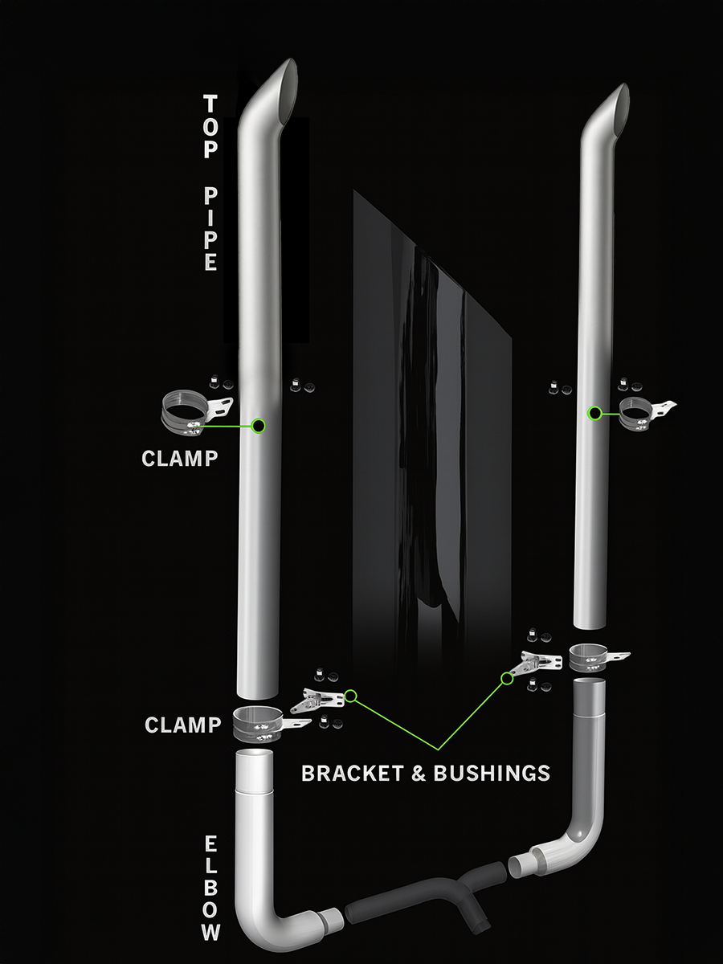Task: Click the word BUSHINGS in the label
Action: (x=492, y=773)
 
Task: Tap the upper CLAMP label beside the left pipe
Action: (x=179, y=458)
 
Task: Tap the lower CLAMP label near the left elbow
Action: (x=182, y=725)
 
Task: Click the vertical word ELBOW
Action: (x=210, y=888)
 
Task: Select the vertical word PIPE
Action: (x=210, y=229)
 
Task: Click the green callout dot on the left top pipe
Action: (x=259, y=426)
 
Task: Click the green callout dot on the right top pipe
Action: (x=594, y=414)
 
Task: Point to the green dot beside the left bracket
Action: (x=351, y=696)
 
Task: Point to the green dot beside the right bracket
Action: (x=507, y=679)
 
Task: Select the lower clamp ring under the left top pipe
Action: (x=256, y=723)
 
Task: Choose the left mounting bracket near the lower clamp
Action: (x=319, y=701)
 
